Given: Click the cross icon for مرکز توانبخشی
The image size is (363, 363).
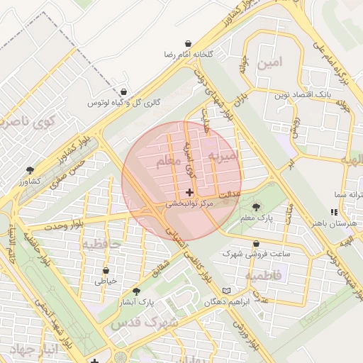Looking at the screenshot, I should click(x=189, y=192).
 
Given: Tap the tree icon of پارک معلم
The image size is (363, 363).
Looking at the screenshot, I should click(x=255, y=206).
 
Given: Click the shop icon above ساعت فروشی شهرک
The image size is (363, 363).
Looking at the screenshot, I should click(x=256, y=243).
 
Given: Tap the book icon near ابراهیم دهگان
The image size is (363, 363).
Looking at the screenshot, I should click(x=226, y=291).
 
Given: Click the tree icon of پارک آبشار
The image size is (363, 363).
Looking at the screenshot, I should click(x=136, y=291).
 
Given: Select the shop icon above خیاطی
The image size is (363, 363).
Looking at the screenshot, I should click(x=106, y=270).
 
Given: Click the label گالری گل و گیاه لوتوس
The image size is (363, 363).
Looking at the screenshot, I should click(x=124, y=103).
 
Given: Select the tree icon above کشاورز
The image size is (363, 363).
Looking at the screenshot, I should click(x=30, y=170).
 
